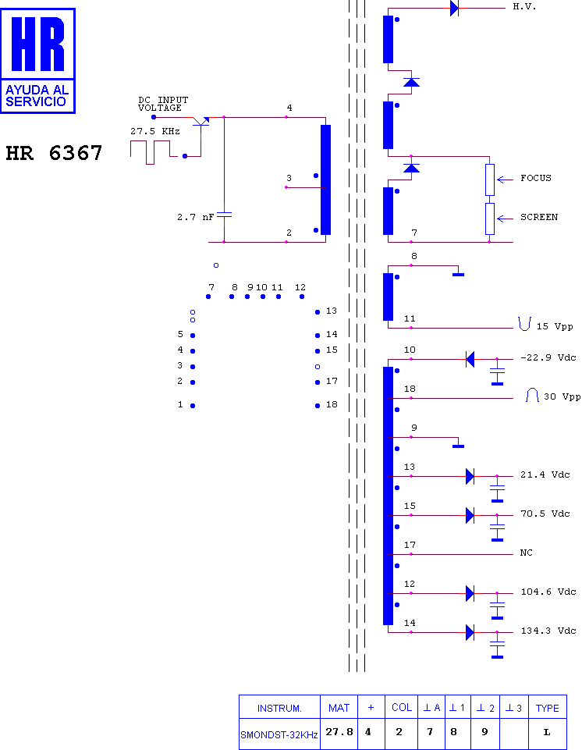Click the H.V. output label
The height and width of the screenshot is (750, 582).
tap(524, 7)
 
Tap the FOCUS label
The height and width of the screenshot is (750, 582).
tap(536, 178)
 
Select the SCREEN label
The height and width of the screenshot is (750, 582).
tap(539, 217)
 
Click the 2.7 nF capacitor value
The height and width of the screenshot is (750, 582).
tap(195, 217)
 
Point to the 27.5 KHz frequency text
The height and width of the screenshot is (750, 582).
tap(155, 132)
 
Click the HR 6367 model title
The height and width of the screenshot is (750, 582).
tap(54, 153)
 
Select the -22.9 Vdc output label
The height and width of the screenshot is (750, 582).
tap(548, 357)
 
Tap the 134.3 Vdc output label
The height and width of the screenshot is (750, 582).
tap(548, 631)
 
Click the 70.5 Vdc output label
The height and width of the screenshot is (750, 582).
tap(545, 514)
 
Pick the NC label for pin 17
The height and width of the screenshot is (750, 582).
tap(526, 553)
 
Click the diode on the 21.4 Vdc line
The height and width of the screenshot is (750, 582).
tap(470, 476)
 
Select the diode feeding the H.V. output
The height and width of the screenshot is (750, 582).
tap(454, 8)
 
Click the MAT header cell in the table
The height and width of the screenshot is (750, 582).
tap(339, 708)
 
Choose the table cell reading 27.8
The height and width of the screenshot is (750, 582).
tap(339, 732)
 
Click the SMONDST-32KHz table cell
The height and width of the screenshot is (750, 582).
tap(279, 734)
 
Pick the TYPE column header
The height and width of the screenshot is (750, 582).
tap(547, 708)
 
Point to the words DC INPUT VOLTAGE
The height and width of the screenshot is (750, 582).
tap(163, 104)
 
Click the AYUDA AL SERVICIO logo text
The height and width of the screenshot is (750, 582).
tap(37, 96)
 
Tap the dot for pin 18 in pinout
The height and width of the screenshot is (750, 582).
tap(318, 406)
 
